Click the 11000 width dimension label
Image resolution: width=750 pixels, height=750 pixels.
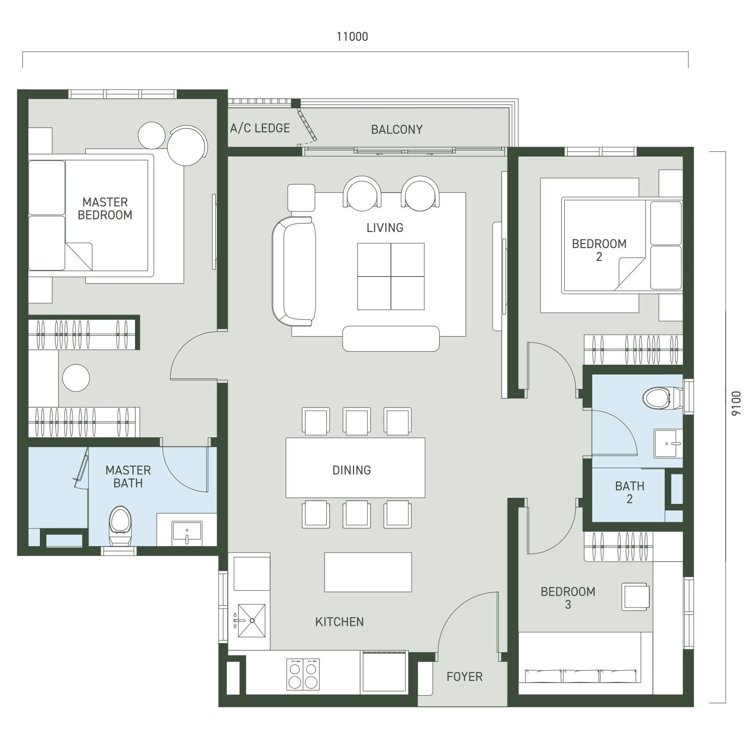(x=352, y=37)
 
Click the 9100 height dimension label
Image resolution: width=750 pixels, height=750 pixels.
(x=736, y=403)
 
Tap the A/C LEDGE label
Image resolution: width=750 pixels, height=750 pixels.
(x=260, y=128)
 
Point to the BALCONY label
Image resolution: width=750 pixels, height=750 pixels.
(x=397, y=129)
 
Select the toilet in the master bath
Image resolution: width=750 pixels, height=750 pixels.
(x=120, y=525)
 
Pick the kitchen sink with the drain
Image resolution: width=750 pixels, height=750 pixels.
(x=252, y=621)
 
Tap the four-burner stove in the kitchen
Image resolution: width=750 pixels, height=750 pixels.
(x=303, y=675)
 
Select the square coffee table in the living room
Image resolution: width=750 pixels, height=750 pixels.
(x=391, y=277)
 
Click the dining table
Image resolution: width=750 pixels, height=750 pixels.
(x=355, y=468)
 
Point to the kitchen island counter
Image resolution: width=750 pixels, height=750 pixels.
(x=368, y=572)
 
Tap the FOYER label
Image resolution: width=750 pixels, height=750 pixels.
(x=465, y=677)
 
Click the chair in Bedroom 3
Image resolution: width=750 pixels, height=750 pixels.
(x=636, y=597)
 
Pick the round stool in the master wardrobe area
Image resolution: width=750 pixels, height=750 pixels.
(x=76, y=378)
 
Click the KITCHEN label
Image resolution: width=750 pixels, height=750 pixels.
(x=339, y=622)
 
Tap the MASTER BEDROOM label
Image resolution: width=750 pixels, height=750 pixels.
(x=105, y=209)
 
